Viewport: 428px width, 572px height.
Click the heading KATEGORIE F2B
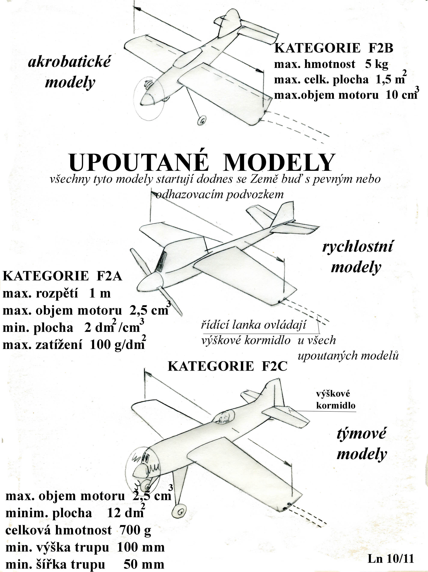pyautogui.click(x=333, y=48)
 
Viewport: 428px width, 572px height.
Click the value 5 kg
pyautogui.click(x=377, y=64)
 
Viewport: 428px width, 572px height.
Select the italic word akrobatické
pyautogui.click(x=69, y=62)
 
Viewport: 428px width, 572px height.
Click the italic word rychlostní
pyautogui.click(x=358, y=246)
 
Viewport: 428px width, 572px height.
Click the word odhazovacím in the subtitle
pyautogui.click(x=190, y=194)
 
